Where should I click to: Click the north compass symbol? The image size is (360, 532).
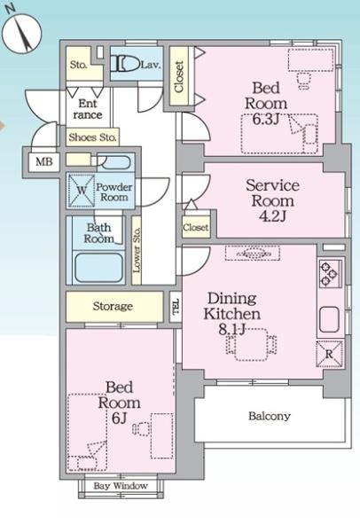pyautogui.click(x=21, y=32)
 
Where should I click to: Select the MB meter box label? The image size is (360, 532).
pyautogui.click(x=44, y=161)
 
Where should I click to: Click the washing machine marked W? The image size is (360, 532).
pyautogui.click(x=82, y=190)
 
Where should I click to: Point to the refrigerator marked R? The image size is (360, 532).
pyautogui.click(x=329, y=354)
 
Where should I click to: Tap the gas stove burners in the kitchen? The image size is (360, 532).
pyautogui.click(x=329, y=274)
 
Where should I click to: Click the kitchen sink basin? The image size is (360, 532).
pyautogui.click(x=329, y=319)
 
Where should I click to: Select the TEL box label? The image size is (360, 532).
pyautogui.click(x=176, y=307)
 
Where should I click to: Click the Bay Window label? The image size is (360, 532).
pyautogui.click(x=121, y=486)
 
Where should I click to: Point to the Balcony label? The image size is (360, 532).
pyautogui.click(x=270, y=416)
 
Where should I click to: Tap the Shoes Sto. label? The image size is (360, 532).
pyautogui.click(x=92, y=137)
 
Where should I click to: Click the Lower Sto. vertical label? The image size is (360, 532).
pyautogui.click(x=137, y=250)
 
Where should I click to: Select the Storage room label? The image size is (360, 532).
pyautogui.click(x=113, y=307)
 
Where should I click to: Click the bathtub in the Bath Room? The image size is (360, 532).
pyautogui.click(x=98, y=268)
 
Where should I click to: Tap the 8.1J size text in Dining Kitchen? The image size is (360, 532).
pyautogui.click(x=232, y=330)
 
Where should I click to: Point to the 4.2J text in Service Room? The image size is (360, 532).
pyautogui.click(x=273, y=215)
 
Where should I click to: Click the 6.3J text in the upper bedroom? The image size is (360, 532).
pyautogui.click(x=266, y=119)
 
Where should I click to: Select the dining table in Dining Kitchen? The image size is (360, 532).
pyautogui.click(x=251, y=345)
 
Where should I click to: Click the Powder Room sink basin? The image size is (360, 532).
pyautogui.click(x=115, y=162)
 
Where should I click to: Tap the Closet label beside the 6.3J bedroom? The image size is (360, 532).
pyautogui.click(x=179, y=76)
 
